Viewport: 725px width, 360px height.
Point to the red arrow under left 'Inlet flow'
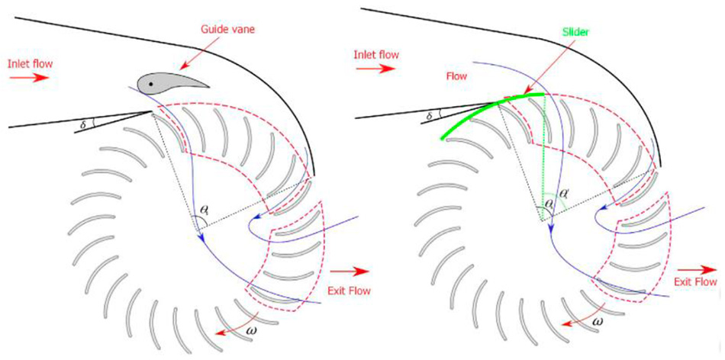coord(28,77)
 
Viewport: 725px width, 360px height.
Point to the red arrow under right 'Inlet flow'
coord(375,69)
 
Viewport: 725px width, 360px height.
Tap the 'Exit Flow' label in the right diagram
coord(695,281)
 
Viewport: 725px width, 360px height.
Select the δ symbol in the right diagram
coord(429,116)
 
